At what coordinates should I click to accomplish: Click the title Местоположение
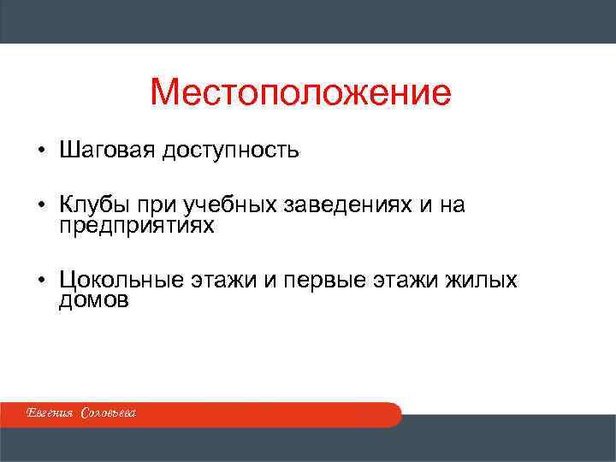[299, 92]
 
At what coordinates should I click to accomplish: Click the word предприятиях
[138, 227]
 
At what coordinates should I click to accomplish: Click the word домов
[94, 300]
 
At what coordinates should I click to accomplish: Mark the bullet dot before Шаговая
[40, 152]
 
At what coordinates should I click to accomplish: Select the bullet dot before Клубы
[40, 206]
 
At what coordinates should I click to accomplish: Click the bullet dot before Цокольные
[40, 280]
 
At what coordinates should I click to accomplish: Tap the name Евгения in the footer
[50, 414]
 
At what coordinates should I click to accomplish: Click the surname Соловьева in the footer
[109, 414]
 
